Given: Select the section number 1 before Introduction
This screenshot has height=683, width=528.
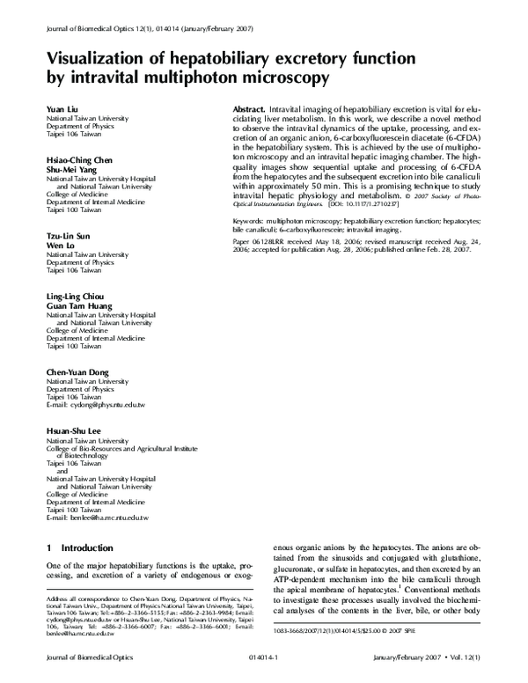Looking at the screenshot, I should pyautogui.click(x=48, y=548).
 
